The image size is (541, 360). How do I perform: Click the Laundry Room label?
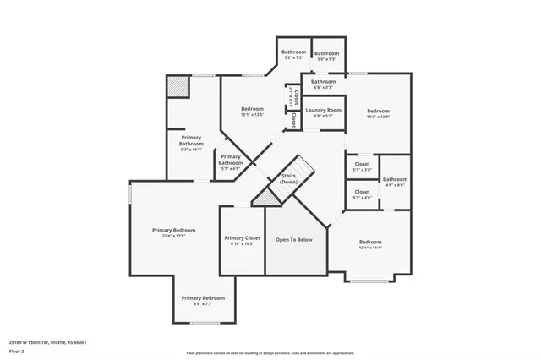(x=323, y=111)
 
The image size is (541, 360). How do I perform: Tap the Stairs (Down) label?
(x=289, y=179)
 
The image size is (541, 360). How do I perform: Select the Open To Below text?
(x=294, y=239)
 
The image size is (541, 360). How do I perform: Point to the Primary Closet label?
(x=242, y=239)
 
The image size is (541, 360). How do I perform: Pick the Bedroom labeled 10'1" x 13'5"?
(x=252, y=110)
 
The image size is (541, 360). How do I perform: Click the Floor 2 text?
(x=16, y=350)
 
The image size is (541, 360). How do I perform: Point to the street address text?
(x=47, y=342)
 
